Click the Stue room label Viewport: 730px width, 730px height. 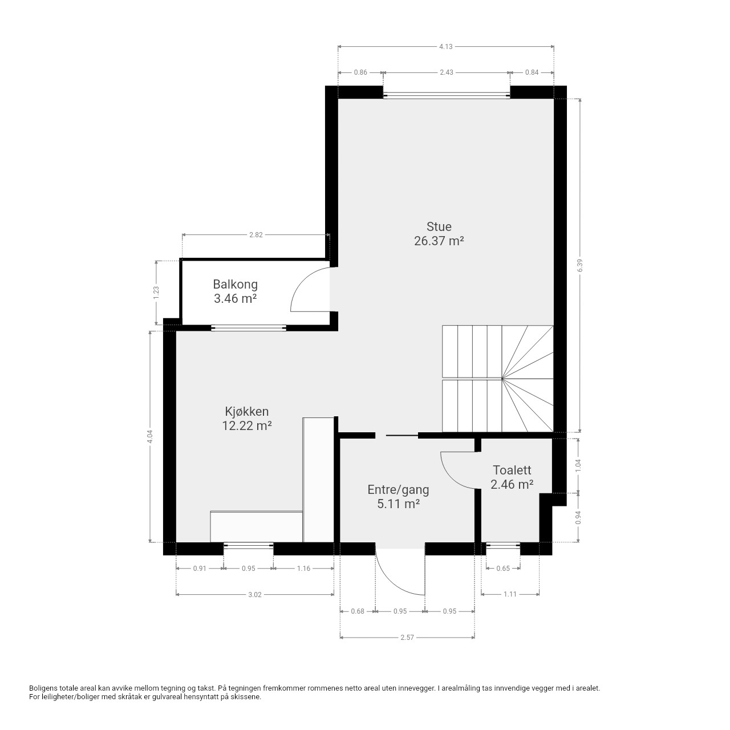point(439,226)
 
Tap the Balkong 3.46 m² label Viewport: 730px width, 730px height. point(235,291)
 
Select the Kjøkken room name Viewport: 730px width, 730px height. point(246,411)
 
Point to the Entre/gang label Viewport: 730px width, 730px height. point(398,490)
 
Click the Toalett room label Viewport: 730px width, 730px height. point(512,470)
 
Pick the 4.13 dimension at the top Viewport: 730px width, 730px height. point(446,47)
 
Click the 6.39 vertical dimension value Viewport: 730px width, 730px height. point(580,265)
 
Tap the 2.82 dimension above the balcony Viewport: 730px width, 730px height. point(255,235)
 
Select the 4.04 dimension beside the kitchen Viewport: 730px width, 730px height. point(150,437)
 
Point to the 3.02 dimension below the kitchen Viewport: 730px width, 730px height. point(254,595)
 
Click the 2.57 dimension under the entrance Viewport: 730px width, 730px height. point(407,638)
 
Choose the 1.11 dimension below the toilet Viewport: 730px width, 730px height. point(510,594)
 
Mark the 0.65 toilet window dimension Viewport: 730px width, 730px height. point(503,568)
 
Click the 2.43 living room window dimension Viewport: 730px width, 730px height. point(447,72)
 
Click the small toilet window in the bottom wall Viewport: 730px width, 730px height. point(503,545)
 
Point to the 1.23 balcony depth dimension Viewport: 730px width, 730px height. point(157,293)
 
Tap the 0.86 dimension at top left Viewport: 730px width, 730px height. point(360,72)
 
